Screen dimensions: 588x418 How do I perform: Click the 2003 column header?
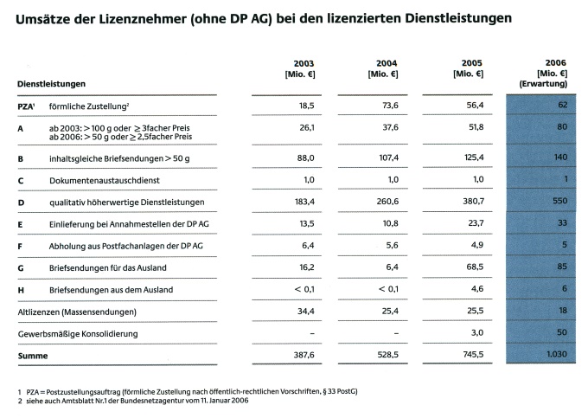300,68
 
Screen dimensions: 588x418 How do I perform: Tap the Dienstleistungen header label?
51,84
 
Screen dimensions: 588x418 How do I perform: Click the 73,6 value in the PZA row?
390,106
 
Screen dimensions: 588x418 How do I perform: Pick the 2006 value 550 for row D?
559,201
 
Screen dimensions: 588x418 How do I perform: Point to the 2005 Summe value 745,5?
473,354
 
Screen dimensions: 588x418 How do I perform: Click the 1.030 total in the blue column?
557,354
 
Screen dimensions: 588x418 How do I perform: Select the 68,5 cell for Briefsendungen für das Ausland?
475,267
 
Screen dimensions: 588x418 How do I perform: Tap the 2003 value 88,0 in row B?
305,158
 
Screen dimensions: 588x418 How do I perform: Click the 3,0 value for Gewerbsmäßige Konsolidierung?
477,332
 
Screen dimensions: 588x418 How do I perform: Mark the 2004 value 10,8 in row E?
390,223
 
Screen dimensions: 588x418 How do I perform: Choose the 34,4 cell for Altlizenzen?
306,311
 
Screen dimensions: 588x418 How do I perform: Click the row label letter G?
21,268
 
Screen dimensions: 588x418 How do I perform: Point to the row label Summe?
33,356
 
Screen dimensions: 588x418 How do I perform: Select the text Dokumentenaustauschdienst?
105,181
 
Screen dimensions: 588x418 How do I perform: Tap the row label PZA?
25,106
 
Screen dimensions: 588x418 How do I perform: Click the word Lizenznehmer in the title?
143,19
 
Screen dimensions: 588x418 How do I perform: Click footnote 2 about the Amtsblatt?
133,401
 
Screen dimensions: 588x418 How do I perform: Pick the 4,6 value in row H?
477,289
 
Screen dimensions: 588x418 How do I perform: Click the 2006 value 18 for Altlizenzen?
563,311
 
